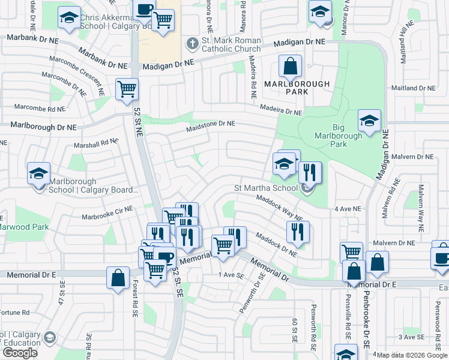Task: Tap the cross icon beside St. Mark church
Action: point(191,43)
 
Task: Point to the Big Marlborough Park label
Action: point(339,136)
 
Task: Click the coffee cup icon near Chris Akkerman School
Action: point(144,10)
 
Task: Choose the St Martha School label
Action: point(265,188)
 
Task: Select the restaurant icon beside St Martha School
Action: point(310,173)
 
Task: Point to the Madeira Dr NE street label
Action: point(281,111)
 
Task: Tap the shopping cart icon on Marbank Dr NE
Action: point(127,89)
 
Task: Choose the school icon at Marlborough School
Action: point(39,174)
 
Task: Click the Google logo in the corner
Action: point(20,353)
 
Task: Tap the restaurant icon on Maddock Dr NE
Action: point(298,232)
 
